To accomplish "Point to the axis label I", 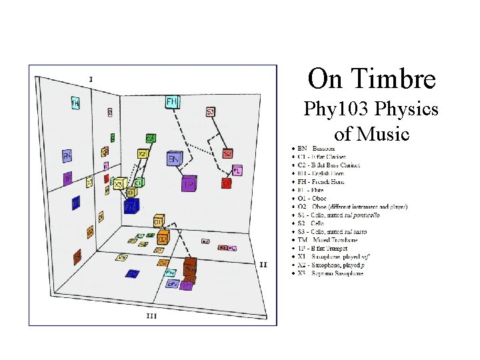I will point(91,79).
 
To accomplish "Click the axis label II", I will point(263,265).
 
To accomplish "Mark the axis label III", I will point(151,315).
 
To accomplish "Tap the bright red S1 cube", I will point(227,182).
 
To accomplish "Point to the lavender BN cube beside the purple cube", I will point(173,160).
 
